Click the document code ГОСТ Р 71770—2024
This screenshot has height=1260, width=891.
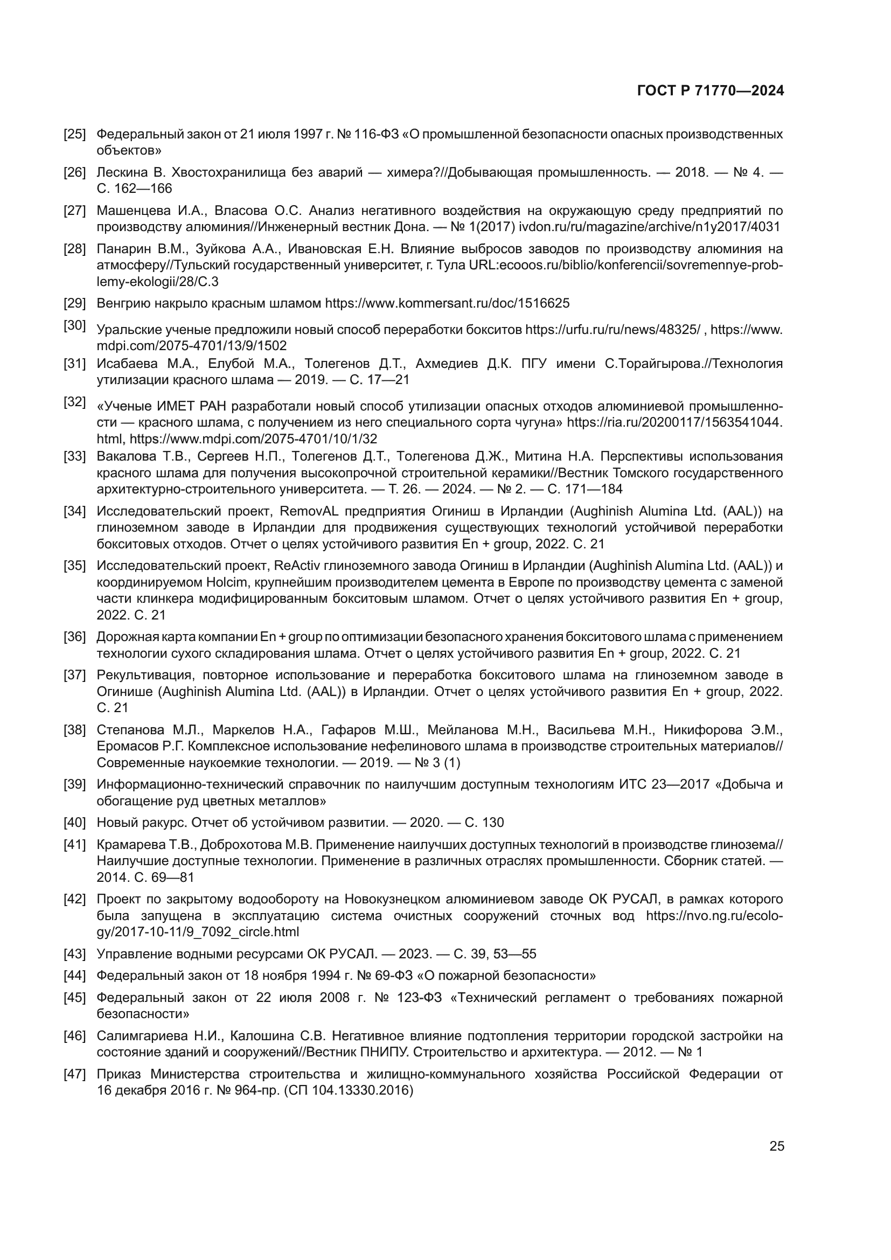tap(710, 91)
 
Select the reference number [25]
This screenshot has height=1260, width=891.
tap(75, 134)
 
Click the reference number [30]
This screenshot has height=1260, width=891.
tap(75, 325)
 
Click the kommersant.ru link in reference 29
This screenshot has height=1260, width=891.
tap(447, 303)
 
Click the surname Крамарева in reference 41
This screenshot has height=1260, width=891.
tap(128, 844)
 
